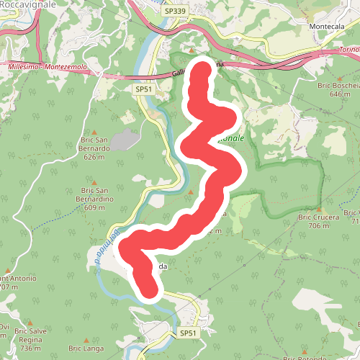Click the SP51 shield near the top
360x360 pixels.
click(144, 89)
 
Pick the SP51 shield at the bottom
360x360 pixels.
click(188, 333)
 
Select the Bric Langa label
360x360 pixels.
click(85, 348)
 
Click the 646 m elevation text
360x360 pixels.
click(339, 94)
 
